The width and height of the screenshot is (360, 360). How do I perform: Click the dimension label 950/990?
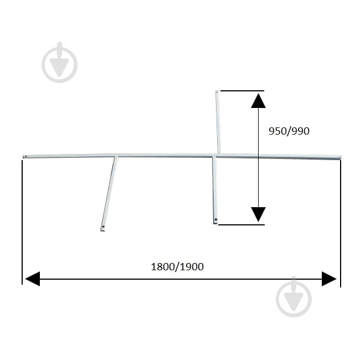(x=289, y=131)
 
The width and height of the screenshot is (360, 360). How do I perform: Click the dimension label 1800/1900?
(x=177, y=267)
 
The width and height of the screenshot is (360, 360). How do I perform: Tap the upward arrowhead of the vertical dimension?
(x=258, y=101)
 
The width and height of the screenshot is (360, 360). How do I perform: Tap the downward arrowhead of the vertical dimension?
(x=258, y=214)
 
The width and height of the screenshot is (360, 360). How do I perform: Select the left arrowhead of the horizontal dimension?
(x=32, y=279)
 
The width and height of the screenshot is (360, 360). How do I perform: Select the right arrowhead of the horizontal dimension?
(x=329, y=279)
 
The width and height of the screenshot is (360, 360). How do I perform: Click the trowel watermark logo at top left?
(x=59, y=62)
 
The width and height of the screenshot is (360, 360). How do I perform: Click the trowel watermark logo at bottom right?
(x=294, y=297)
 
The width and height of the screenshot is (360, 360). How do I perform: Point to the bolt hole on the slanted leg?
(x=103, y=227)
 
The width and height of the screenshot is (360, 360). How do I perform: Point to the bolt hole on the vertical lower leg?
(x=215, y=220)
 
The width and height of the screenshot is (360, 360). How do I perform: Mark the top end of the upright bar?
(x=217, y=91)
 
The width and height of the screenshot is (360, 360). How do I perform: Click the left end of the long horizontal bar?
(x=24, y=157)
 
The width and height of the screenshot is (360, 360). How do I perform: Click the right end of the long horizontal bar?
(x=340, y=157)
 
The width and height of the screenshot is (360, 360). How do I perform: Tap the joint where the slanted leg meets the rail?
(x=116, y=157)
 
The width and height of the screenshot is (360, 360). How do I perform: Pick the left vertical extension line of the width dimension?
(x=22, y=222)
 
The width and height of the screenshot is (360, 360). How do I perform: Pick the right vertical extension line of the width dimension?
(x=341, y=223)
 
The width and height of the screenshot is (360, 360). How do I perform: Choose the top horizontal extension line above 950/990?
(x=242, y=91)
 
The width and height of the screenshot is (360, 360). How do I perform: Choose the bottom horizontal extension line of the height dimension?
(x=241, y=224)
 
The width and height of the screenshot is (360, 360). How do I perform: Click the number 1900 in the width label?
(x=192, y=267)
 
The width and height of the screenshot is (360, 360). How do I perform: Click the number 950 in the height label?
(x=277, y=131)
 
